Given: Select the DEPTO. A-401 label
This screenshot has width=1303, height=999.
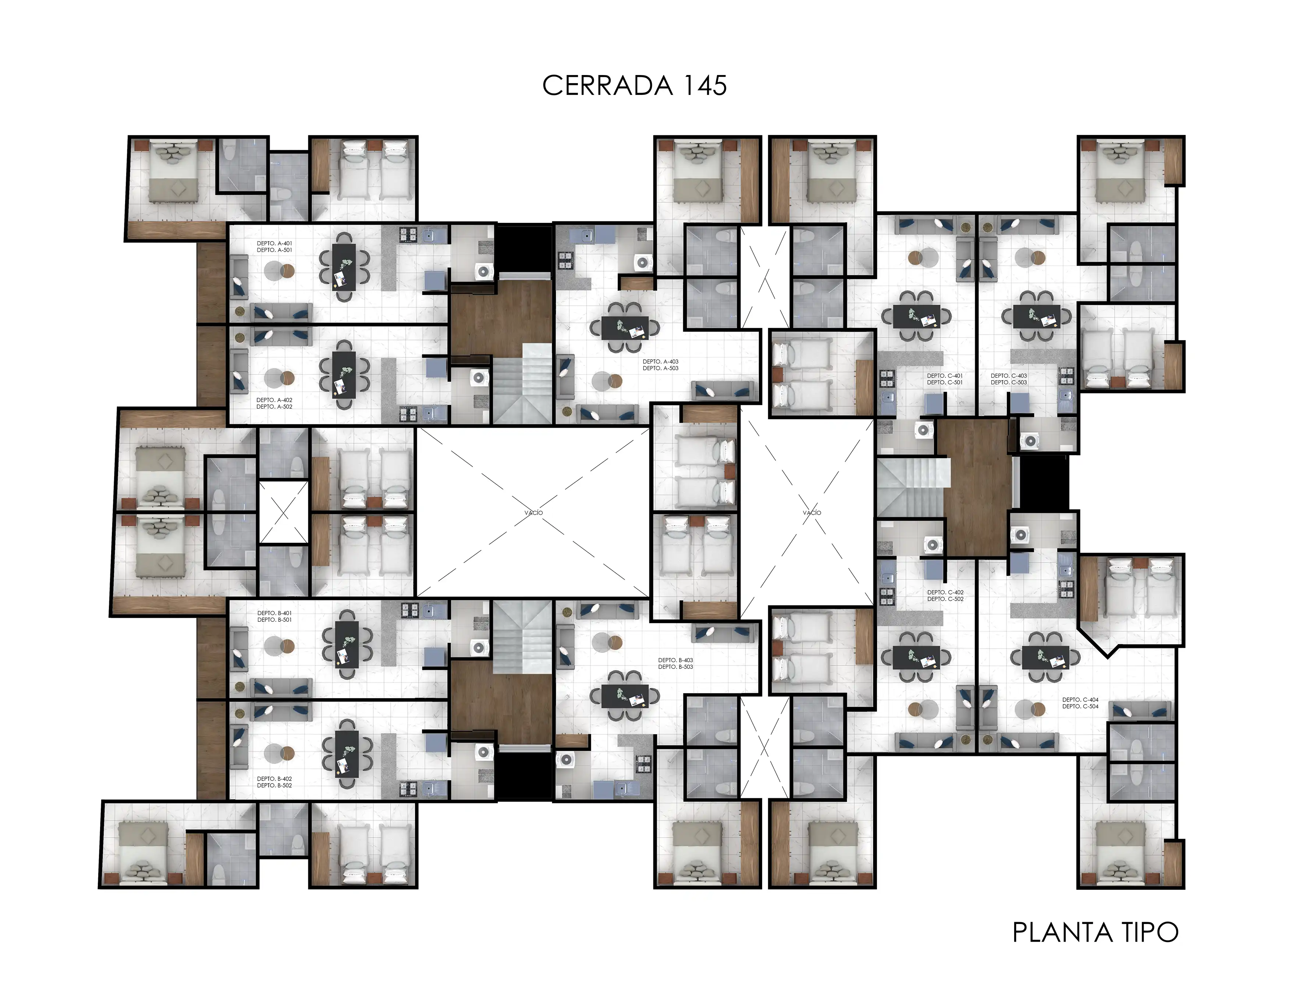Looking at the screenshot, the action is [274, 243].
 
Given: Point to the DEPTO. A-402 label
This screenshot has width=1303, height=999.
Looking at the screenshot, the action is [274, 400].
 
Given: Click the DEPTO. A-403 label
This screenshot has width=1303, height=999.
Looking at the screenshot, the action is [660, 361].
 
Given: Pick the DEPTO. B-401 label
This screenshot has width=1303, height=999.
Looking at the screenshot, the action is [274, 613].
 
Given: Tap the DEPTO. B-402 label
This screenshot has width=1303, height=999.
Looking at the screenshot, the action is [274, 778].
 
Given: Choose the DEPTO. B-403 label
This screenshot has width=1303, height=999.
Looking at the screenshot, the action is [675, 660].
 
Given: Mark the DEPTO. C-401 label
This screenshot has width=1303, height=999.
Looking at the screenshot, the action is [945, 376].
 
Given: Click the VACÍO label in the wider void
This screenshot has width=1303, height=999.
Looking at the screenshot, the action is [534, 513].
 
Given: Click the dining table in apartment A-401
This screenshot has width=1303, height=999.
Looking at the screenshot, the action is [344, 267].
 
